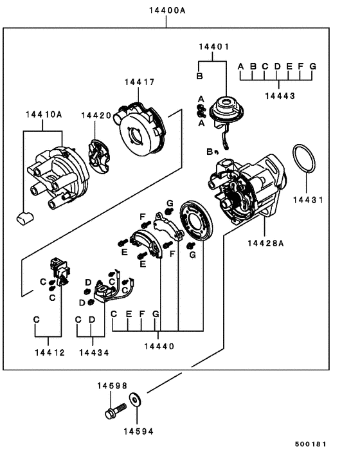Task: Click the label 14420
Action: point(96,115)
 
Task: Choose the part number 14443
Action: point(279,96)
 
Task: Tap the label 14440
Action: point(159,347)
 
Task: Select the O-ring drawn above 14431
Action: point(303,159)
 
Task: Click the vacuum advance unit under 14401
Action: point(226,112)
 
